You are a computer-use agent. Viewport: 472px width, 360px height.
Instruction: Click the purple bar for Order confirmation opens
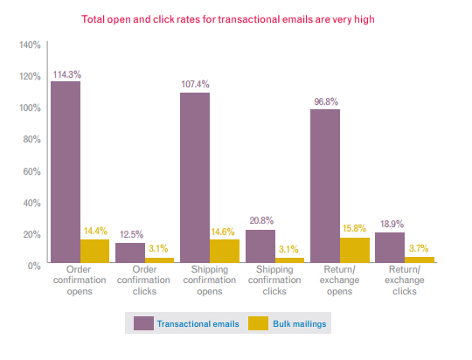tap(66, 172)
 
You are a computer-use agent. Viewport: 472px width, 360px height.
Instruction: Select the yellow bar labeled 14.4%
tap(94, 251)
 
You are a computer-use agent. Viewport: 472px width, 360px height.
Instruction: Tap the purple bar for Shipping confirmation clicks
tap(260, 246)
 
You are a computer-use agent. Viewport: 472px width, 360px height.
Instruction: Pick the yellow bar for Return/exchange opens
tap(355, 250)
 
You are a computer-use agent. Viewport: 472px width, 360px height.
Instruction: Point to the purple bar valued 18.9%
tap(390, 247)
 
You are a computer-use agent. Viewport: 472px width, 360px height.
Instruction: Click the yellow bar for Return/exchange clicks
tap(420, 260)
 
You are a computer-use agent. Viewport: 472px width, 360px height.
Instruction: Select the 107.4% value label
tap(196, 84)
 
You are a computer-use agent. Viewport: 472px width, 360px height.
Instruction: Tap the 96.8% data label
tap(326, 101)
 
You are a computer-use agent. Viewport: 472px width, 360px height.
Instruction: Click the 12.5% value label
tap(131, 234)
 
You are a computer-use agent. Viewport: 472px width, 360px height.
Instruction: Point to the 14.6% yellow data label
tap(223, 232)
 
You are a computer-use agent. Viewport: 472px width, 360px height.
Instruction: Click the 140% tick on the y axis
tap(30, 45)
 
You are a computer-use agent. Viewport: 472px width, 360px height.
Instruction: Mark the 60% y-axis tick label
tap(32, 171)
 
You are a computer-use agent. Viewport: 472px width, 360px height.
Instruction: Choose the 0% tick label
tap(34, 267)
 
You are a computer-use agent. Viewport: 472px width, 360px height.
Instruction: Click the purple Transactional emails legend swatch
tap(143, 323)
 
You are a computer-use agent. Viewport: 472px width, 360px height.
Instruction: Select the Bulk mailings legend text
tap(300, 324)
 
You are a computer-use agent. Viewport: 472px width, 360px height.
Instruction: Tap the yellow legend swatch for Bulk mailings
tap(258, 323)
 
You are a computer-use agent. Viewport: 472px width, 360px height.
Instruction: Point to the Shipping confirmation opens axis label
tap(210, 280)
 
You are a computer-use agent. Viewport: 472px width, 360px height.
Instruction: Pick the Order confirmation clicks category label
tap(144, 280)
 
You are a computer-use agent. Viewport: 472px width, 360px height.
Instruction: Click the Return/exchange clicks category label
tap(405, 280)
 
